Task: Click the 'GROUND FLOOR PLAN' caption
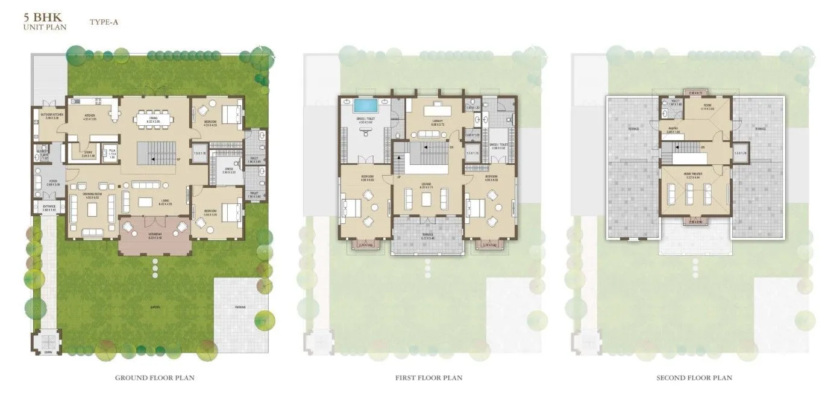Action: (155, 378)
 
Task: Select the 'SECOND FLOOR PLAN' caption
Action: (694, 378)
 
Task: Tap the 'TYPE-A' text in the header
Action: (104, 22)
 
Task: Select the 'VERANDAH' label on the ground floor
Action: (155, 234)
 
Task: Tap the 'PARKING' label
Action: (240, 308)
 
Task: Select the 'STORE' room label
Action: (87, 153)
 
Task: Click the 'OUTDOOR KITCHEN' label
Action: (48, 114)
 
